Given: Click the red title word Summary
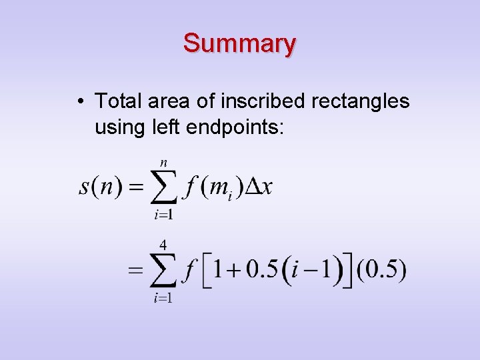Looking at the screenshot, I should point(239,43).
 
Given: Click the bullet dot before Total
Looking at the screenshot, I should point(79,102).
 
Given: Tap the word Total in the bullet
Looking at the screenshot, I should point(117,101).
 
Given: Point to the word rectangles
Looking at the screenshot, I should point(360,102).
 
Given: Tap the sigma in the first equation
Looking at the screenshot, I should point(162,187).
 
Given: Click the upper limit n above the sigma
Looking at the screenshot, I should point(163,162).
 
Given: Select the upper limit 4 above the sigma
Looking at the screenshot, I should point(163,245).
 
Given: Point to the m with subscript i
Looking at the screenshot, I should point(221,188).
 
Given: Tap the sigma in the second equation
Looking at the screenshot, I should point(162,271).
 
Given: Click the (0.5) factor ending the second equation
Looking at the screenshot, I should point(381,270).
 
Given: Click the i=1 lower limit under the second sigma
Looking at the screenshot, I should point(163,298).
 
